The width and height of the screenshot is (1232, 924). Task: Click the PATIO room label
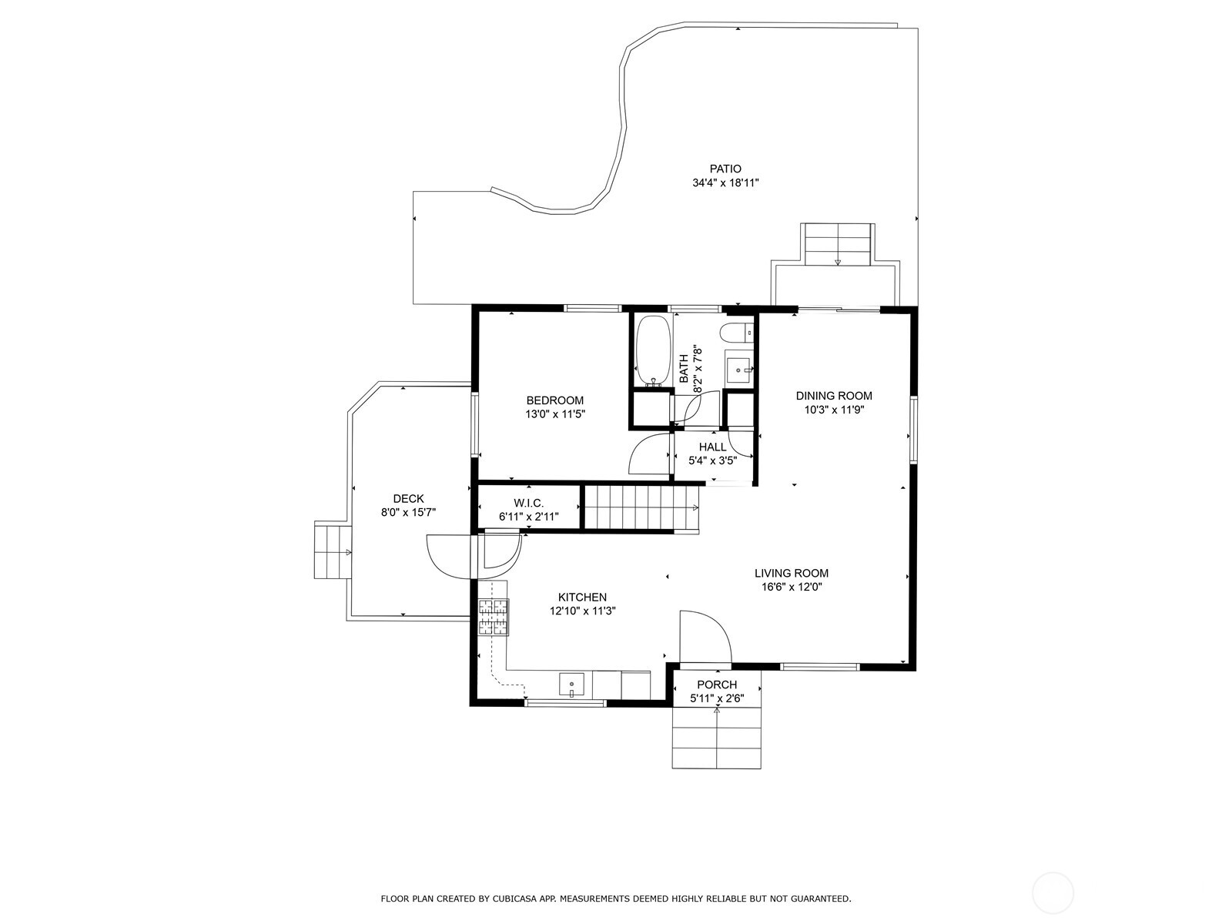coord(725,169)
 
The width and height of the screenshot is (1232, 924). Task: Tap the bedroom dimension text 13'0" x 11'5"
coord(555,414)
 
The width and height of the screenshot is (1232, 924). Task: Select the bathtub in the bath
coord(654,350)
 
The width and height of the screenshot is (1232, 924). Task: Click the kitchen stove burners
coord(493,617)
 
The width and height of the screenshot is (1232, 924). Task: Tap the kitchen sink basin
coord(571,685)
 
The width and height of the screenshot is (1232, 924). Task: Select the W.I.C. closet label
coord(529,504)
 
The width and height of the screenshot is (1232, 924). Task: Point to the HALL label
coord(712,447)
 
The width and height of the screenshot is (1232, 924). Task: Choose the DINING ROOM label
coord(834,396)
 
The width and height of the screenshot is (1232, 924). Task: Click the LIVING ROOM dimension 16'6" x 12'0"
coord(792,588)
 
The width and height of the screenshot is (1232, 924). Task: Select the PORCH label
coord(717,685)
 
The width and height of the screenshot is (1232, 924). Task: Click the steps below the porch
coord(717,738)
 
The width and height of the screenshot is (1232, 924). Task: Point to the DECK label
coord(409,499)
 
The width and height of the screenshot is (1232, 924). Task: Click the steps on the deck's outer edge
coord(333,550)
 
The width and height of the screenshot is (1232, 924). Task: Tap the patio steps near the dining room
coord(838,244)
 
